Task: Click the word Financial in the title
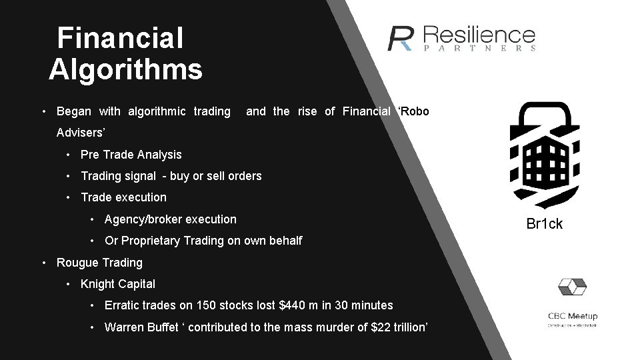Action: click(x=119, y=38)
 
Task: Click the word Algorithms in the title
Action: click(x=125, y=69)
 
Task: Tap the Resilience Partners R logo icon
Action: click(x=401, y=38)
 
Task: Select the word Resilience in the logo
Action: click(x=479, y=35)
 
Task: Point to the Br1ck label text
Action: click(x=544, y=224)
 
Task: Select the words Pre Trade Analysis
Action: click(x=131, y=155)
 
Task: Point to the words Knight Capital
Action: click(x=117, y=284)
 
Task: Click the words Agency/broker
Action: click(x=143, y=219)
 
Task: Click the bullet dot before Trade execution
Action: click(x=69, y=197)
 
